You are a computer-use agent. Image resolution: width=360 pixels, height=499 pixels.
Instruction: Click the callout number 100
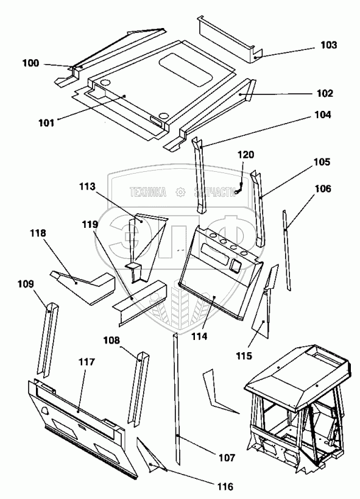point(30,63)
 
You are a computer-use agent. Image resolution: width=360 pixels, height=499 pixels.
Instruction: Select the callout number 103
point(328,45)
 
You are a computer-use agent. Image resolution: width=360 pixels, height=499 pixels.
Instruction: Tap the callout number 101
point(46,122)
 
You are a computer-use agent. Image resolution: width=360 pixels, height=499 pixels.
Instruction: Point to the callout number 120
point(245,155)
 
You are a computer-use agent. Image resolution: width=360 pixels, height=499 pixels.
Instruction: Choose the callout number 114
point(199,336)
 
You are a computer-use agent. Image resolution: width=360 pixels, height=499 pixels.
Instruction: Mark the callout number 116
point(225,486)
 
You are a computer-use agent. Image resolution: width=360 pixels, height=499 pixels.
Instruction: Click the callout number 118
point(38,233)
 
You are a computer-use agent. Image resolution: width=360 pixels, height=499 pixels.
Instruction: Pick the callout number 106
point(323,189)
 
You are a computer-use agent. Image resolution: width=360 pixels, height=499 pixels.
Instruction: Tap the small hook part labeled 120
point(239,189)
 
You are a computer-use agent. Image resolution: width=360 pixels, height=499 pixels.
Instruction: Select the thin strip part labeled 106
point(286,250)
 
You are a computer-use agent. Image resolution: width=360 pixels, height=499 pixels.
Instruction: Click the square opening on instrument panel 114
point(236,265)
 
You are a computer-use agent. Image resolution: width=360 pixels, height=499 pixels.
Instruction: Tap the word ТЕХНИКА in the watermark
point(147,192)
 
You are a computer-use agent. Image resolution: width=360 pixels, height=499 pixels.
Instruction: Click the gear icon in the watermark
point(180,192)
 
